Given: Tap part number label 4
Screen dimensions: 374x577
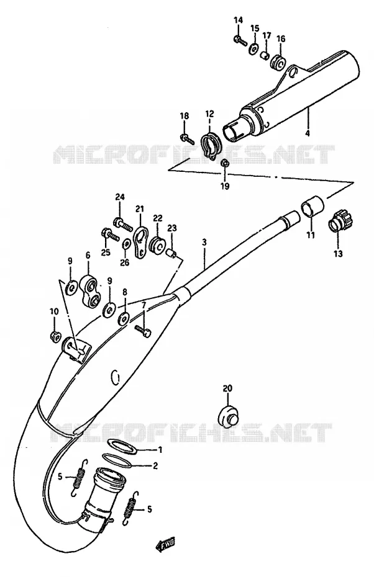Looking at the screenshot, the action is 308,133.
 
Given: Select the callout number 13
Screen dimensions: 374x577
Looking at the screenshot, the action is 338,254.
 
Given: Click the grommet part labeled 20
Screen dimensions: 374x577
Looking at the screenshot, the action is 230,416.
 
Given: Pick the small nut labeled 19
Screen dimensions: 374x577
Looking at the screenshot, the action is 224,163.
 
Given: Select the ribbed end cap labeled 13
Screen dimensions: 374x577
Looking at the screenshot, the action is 340,223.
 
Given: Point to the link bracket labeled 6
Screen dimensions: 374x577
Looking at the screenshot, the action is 91,292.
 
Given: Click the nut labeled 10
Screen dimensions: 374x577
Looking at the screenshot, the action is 55,336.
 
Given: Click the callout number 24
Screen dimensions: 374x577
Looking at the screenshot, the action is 120,197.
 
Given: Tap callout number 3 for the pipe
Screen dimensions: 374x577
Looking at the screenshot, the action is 204,243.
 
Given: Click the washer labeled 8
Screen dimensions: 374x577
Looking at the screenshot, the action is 124,318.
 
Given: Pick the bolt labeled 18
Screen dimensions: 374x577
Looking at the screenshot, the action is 186,139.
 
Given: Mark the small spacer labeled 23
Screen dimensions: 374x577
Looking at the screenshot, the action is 171,253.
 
